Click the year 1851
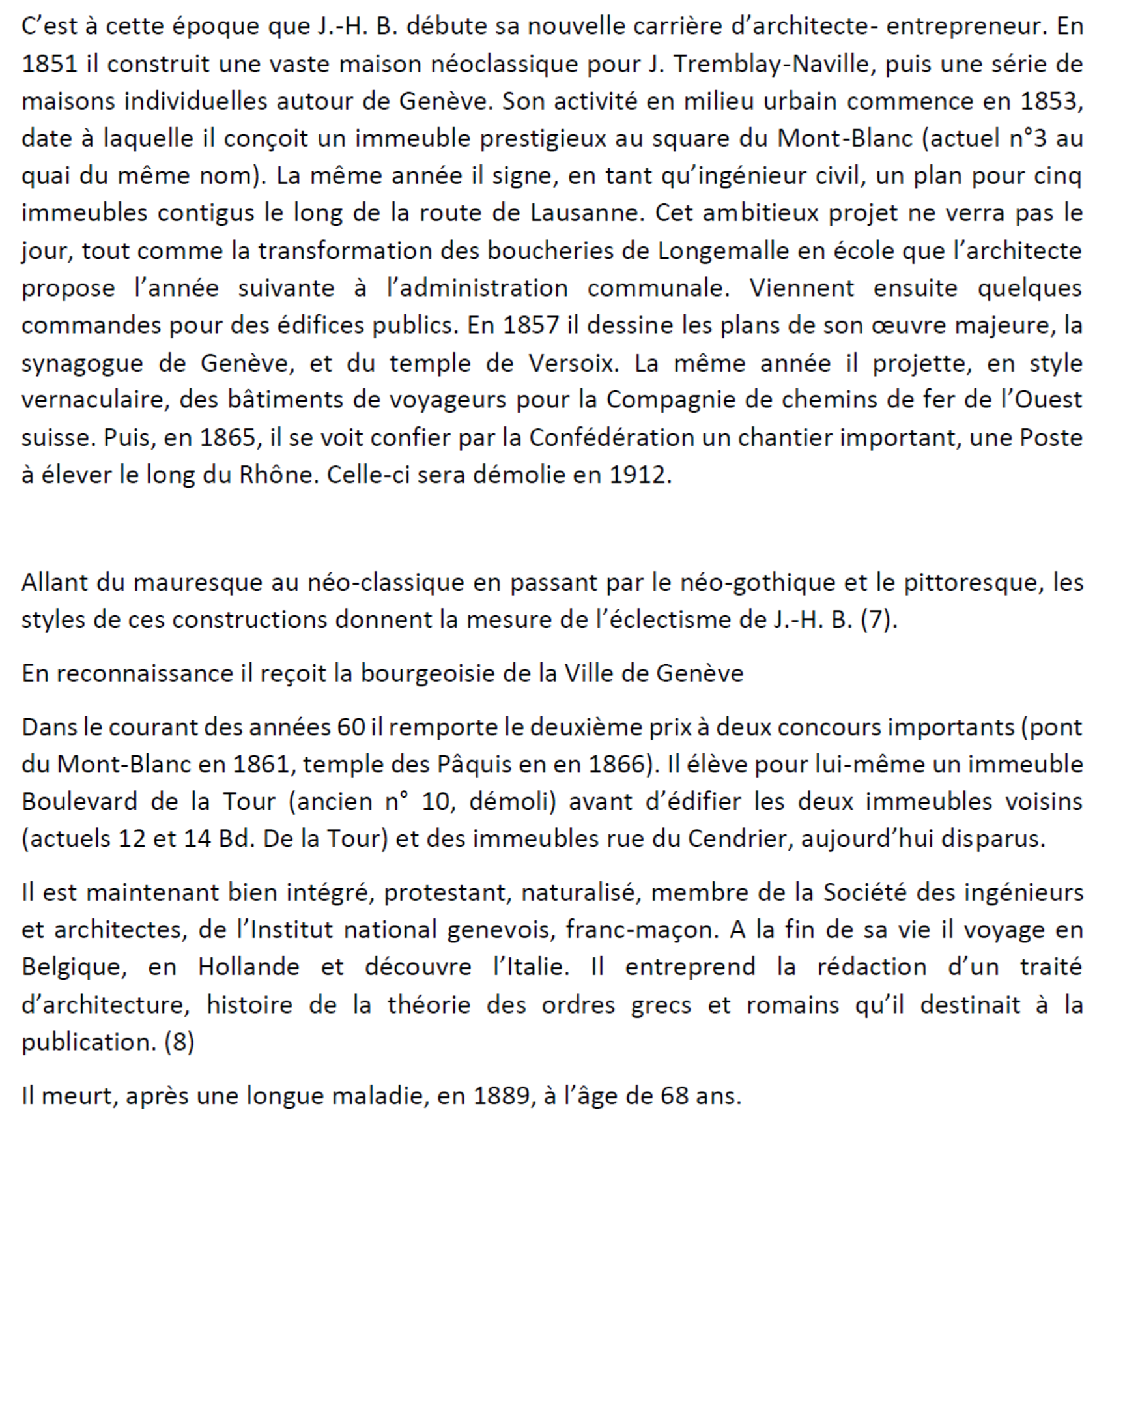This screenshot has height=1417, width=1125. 50,64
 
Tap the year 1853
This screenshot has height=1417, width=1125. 1051,101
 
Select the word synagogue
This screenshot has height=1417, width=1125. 82,364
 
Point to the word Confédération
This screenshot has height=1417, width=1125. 612,438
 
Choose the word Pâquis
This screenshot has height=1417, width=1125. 472,765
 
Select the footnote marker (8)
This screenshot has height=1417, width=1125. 179,1042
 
